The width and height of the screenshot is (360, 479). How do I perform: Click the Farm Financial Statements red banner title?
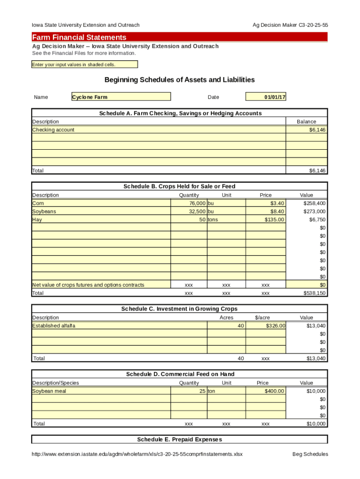coord(79,37)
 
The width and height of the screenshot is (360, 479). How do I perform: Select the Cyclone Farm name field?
coord(121,97)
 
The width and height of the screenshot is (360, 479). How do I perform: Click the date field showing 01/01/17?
coord(266,97)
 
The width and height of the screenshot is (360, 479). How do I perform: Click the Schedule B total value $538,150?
coord(315,293)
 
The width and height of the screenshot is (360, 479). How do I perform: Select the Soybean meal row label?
coord(49,391)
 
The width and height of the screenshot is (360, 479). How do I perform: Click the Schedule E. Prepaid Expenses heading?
coord(180,440)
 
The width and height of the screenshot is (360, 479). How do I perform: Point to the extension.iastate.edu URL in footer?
coord(137,454)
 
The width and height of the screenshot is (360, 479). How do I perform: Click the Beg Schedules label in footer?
coord(310,454)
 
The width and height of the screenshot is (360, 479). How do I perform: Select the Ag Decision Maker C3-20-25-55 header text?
coord(290,25)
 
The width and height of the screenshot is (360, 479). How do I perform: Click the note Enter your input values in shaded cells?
coord(73,65)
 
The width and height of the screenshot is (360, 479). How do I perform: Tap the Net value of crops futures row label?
coord(88,285)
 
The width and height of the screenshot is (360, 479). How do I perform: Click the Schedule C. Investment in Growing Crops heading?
coord(180,309)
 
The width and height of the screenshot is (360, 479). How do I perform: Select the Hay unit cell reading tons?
coord(213,220)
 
